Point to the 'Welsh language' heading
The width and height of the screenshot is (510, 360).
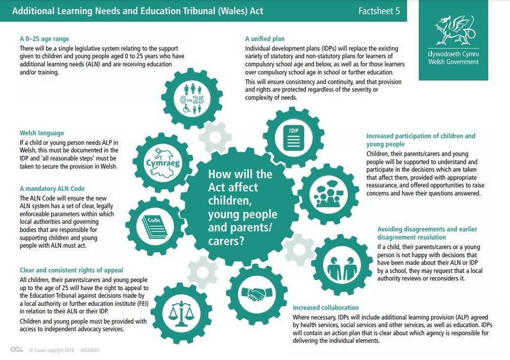point(42,133)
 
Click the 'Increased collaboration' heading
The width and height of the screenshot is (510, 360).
point(326,307)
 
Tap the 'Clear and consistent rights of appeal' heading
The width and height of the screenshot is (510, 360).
point(71,270)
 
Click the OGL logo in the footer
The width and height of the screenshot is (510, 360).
point(17,350)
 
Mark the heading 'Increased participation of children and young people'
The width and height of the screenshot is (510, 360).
point(420,140)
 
